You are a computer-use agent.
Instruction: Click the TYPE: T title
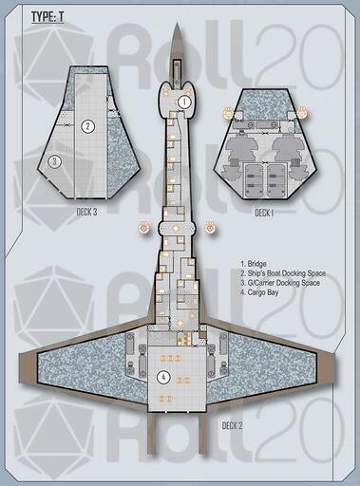pyautogui.click(x=47, y=17)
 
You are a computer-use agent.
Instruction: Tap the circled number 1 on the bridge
pyautogui.click(x=184, y=102)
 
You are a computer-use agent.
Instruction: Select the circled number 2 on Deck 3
pyautogui.click(x=88, y=126)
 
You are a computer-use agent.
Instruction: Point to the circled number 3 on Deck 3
pyautogui.click(x=54, y=161)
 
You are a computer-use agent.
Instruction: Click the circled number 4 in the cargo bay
pyautogui.click(x=163, y=377)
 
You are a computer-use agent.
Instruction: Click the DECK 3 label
pyautogui.click(x=86, y=212)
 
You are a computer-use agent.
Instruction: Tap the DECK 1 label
pyautogui.click(x=264, y=213)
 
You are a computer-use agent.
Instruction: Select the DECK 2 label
pyautogui.click(x=233, y=425)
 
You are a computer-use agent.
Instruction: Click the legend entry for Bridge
pyautogui.click(x=254, y=264)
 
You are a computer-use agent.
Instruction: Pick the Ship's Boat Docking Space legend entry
pyautogui.click(x=283, y=273)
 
